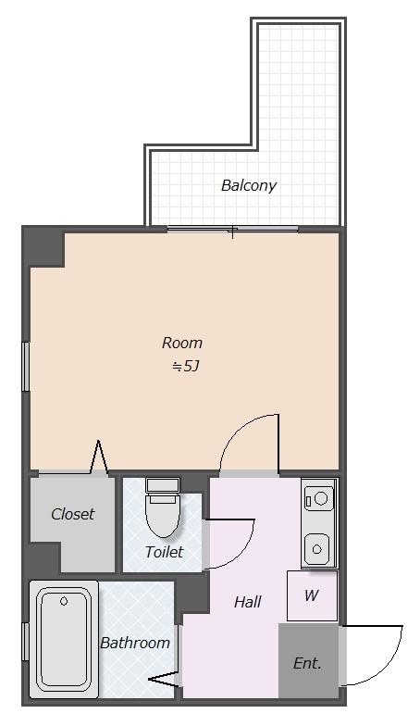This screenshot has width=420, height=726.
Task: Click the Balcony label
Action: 248,185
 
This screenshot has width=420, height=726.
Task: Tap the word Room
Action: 181,343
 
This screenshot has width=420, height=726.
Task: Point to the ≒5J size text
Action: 185,367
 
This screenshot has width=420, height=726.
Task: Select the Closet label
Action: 72,514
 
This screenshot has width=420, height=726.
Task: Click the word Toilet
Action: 164,552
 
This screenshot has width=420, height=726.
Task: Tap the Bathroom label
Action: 135,643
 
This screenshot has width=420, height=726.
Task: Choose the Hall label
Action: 248,602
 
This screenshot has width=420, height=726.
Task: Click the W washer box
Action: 312,596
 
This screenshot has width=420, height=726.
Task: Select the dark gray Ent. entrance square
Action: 308,660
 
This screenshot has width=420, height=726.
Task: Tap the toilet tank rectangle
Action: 163,485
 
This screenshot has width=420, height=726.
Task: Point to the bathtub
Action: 64,639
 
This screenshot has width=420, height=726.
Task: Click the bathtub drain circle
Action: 64,602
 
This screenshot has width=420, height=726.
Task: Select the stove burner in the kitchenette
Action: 319,498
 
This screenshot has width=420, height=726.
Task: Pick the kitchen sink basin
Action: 316,548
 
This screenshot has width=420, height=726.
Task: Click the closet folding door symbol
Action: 98,457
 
